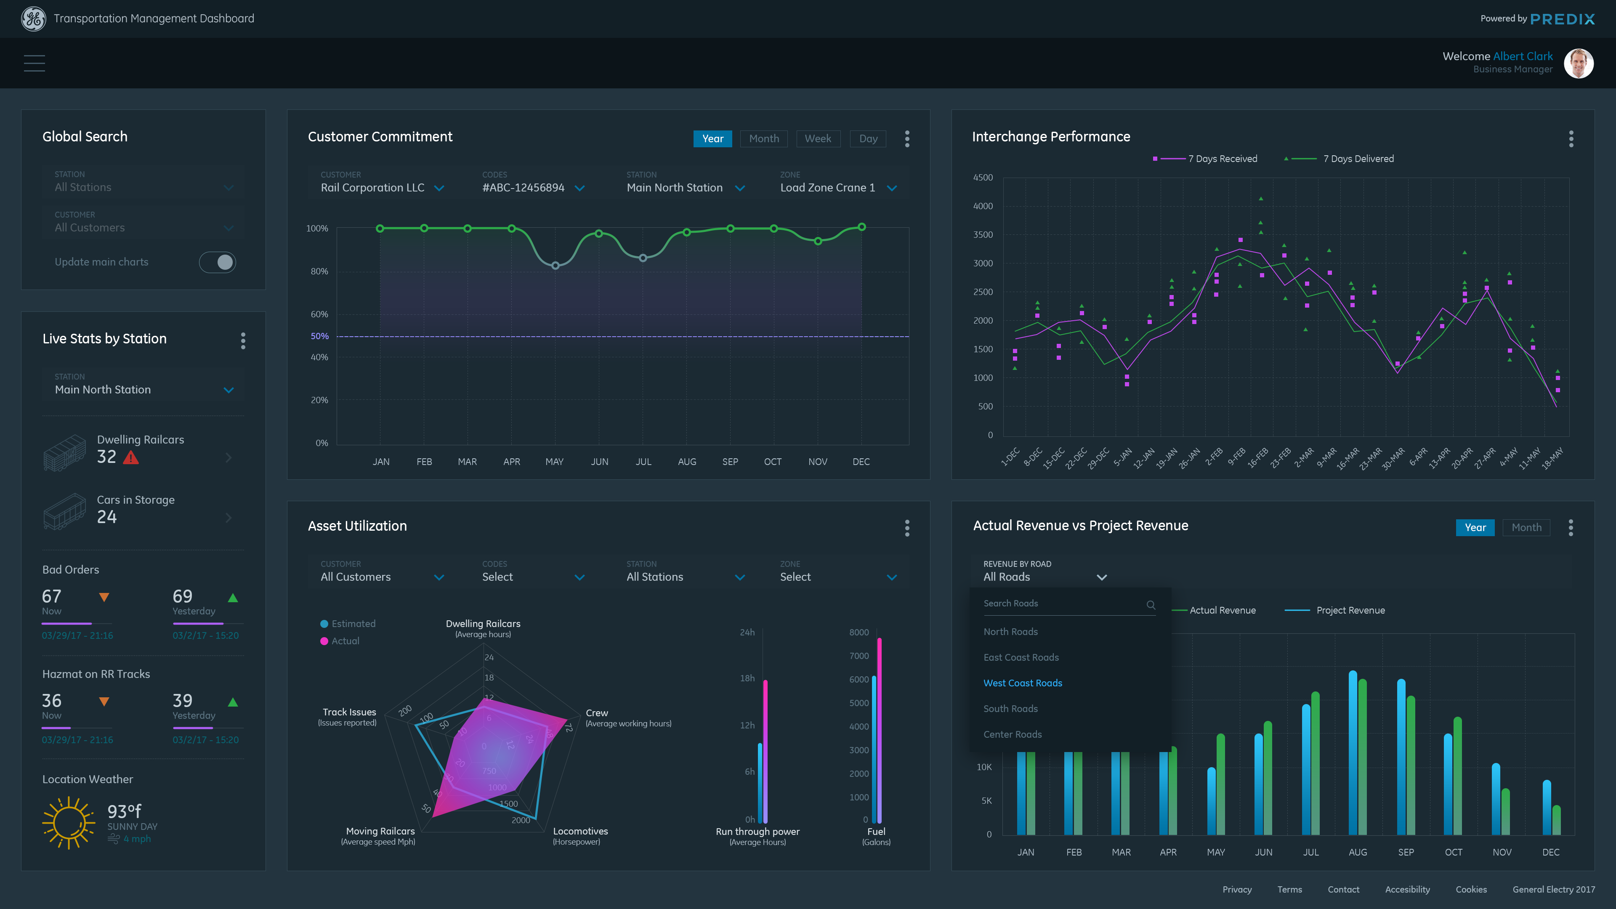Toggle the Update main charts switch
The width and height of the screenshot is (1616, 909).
point(218,262)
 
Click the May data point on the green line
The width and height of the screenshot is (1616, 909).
point(555,266)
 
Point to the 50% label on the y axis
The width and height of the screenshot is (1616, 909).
point(319,336)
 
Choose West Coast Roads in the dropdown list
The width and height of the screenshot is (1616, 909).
point(1023,683)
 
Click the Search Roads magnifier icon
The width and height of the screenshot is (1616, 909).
point(1151,605)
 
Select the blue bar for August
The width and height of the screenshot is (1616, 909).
point(1353,753)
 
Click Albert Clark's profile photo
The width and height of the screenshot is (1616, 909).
point(1579,64)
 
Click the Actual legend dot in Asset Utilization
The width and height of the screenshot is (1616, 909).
point(324,641)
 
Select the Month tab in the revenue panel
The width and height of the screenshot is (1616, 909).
point(1526,528)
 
